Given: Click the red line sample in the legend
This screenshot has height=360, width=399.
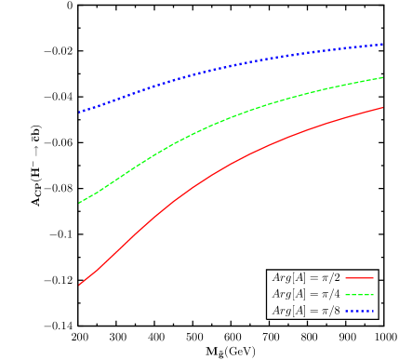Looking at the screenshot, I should (x=359, y=278).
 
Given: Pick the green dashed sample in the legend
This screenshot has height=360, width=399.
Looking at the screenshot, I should (x=359, y=295).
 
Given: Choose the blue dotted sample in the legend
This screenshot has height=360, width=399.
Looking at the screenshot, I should (x=359, y=312).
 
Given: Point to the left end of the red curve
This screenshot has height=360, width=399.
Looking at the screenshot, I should (x=80, y=285).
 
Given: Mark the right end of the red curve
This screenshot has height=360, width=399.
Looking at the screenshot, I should (x=383, y=107).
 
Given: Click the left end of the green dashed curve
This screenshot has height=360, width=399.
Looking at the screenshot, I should (x=80, y=202).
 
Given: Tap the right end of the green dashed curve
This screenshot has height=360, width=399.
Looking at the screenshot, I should (x=383, y=77).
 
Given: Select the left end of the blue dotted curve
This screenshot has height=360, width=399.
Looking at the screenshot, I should (x=80, y=112).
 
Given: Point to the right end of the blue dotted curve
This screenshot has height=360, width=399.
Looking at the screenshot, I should (x=383, y=44).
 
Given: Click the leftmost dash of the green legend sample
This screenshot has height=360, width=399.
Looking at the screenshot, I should (x=348, y=295).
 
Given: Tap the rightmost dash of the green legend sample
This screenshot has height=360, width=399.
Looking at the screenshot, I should (x=371, y=295).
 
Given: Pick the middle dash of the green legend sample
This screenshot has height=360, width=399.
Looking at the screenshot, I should (x=359, y=295).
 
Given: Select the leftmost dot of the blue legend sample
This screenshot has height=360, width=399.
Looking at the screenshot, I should (x=347, y=312).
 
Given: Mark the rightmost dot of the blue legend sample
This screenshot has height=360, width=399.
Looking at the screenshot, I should (x=372, y=312).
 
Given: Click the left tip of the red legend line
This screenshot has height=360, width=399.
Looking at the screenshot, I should (x=346, y=278).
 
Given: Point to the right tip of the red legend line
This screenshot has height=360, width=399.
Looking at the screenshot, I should (x=373, y=278).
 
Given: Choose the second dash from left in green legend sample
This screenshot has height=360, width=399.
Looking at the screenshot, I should (x=353, y=295).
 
